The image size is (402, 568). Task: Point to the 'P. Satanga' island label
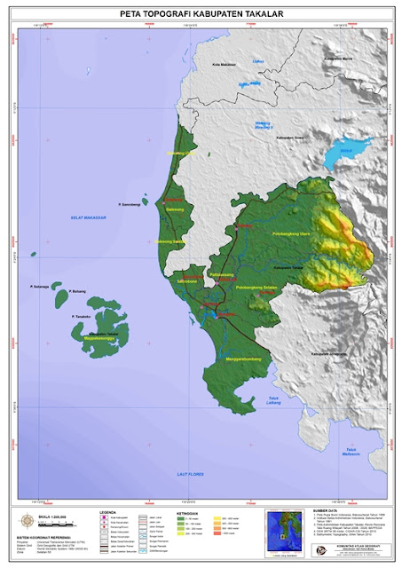coord(38,286)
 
